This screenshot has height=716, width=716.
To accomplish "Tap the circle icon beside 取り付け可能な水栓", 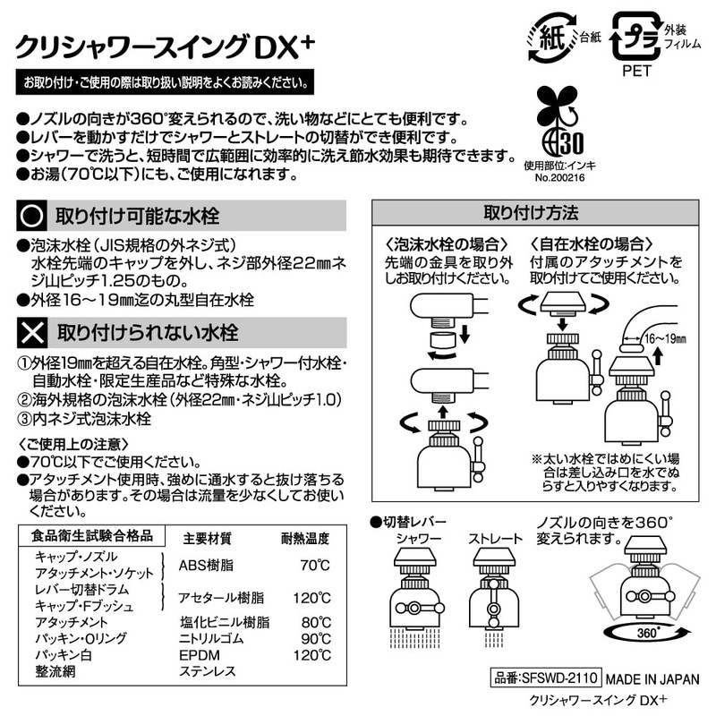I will click(x=34, y=217).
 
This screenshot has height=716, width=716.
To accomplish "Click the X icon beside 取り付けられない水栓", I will click(x=34, y=333).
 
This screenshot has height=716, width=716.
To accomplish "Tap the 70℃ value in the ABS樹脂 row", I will click(x=312, y=566).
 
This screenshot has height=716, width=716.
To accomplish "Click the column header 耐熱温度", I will click(x=305, y=539).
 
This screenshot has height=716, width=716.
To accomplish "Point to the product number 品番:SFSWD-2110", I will click(x=545, y=678).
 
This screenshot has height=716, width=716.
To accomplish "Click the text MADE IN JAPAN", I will click(x=652, y=678).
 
